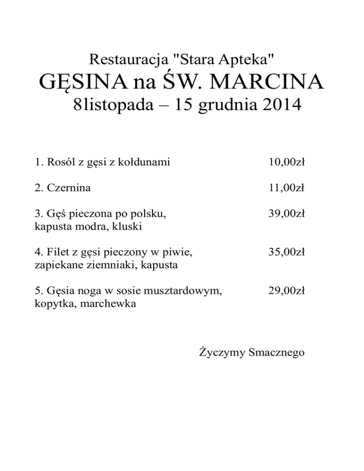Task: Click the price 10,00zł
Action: [x=286, y=163]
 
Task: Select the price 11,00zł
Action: [x=286, y=188]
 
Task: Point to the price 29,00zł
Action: [x=286, y=291]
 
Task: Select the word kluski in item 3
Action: [x=129, y=226]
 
